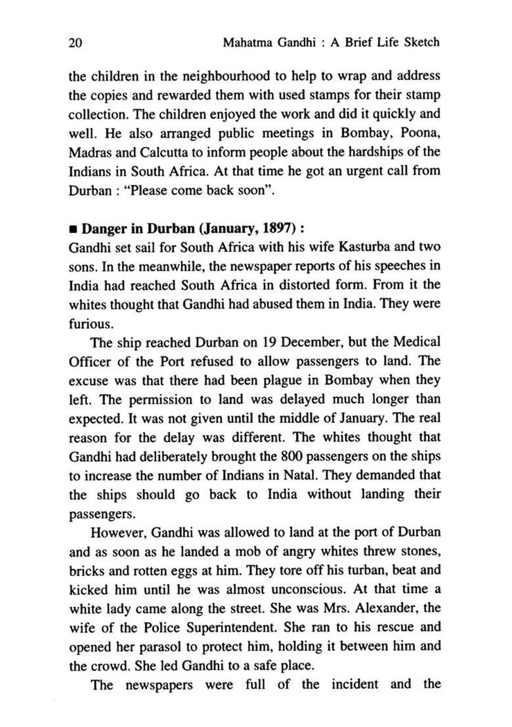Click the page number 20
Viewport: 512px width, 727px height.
pos(74,43)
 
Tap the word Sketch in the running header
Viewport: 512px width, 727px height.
pos(420,43)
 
